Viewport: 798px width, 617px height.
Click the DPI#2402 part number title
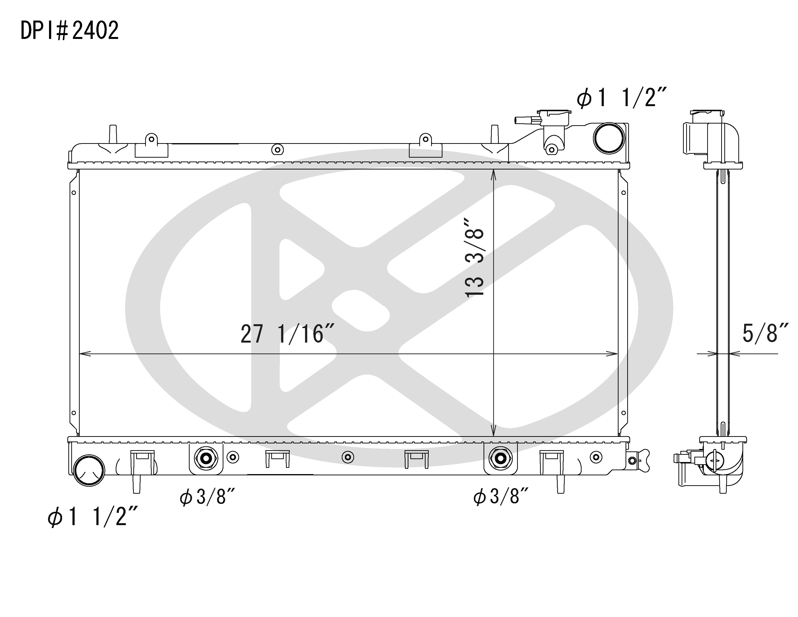point(69,30)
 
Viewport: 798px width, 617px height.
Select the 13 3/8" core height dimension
point(475,258)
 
